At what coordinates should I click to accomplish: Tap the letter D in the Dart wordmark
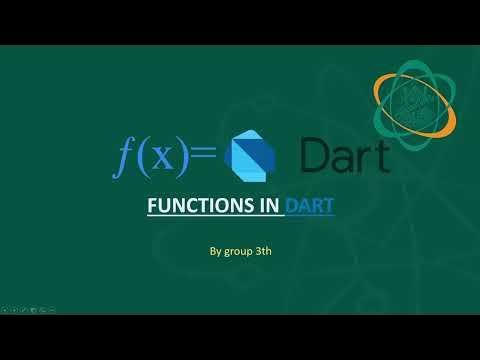[x=317, y=155]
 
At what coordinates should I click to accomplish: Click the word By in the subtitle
[x=215, y=251]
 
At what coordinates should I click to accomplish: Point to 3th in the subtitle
[x=264, y=251]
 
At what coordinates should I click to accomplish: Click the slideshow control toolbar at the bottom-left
[x=27, y=311]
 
